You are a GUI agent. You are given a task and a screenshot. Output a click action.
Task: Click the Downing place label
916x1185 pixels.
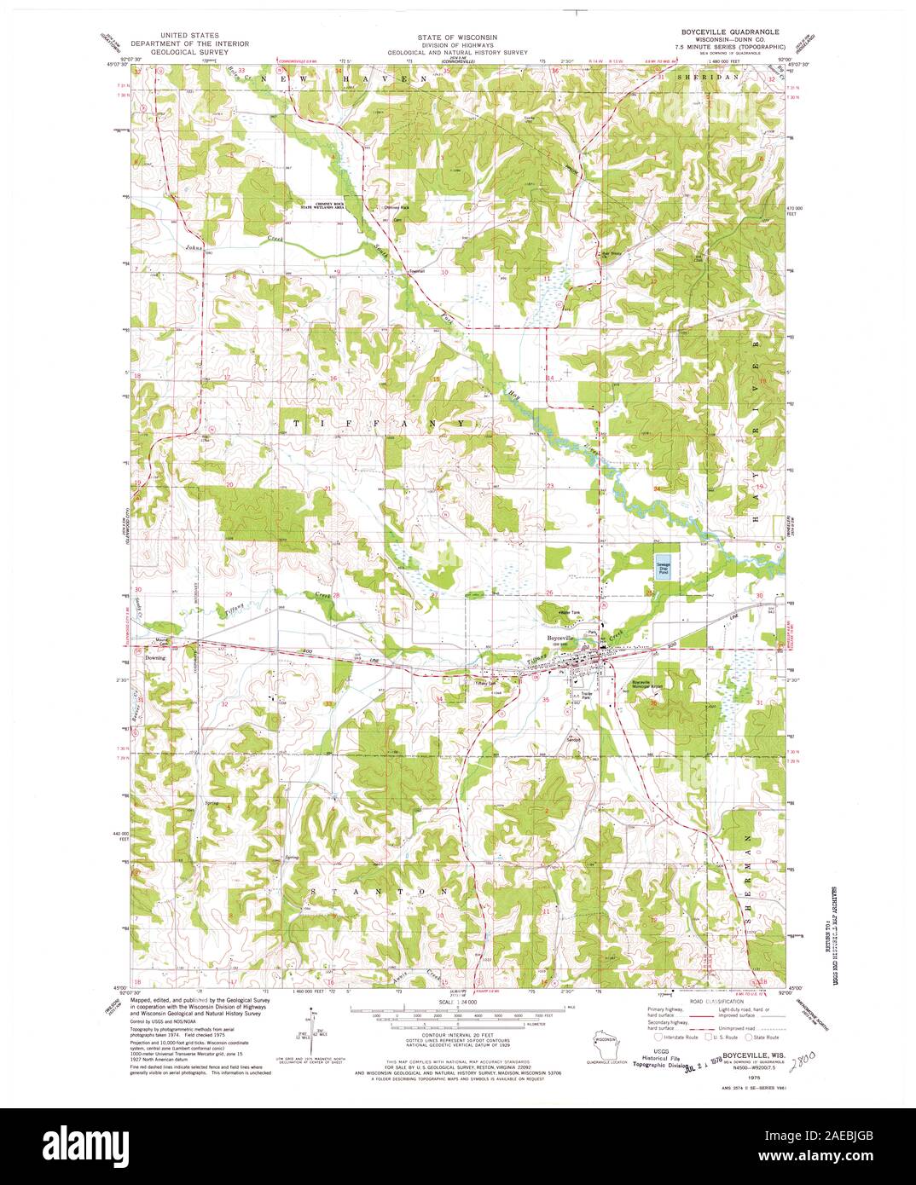click(154, 657)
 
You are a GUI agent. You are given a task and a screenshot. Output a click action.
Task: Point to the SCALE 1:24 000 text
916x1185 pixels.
click(458, 1000)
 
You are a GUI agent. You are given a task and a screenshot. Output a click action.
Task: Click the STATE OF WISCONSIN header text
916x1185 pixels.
click(457, 38)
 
